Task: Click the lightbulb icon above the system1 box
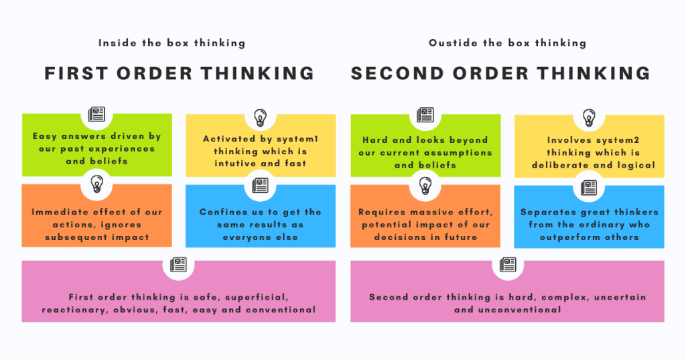click(260, 117)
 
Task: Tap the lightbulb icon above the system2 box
click(589, 117)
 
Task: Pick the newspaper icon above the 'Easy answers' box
click(96, 114)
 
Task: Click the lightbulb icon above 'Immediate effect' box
click(96, 182)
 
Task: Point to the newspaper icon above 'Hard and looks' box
click(425, 114)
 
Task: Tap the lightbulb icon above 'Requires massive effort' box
click(425, 182)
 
